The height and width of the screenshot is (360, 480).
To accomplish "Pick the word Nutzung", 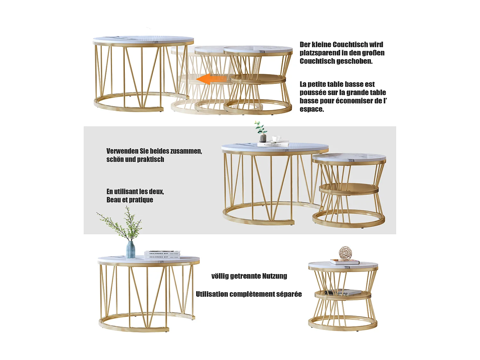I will pyautogui.click(x=274, y=276).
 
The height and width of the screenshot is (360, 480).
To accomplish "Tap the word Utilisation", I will pyautogui.click(x=212, y=294).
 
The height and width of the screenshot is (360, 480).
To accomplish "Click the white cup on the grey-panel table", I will pyautogui.click(x=276, y=139).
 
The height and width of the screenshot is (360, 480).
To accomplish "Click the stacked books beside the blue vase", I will pyautogui.click(x=162, y=255).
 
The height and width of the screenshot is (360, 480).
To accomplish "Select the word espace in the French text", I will pyautogui.click(x=311, y=109).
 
